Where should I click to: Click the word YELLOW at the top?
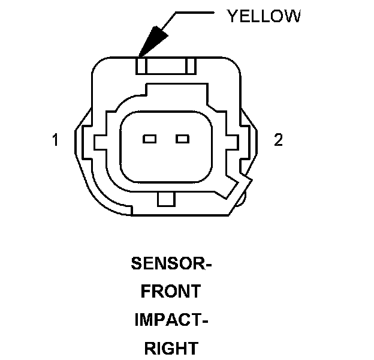(x=263, y=16)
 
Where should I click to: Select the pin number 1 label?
(x=55, y=140)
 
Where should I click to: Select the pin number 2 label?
(x=278, y=140)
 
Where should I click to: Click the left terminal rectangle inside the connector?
(x=149, y=140)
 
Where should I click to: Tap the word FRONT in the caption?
(x=171, y=292)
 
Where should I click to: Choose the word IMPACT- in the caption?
(x=171, y=320)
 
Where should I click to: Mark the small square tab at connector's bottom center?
(x=165, y=199)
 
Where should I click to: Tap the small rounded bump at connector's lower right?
(x=242, y=199)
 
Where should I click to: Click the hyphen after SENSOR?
(x=209, y=265)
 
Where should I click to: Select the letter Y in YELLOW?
(x=233, y=16)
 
